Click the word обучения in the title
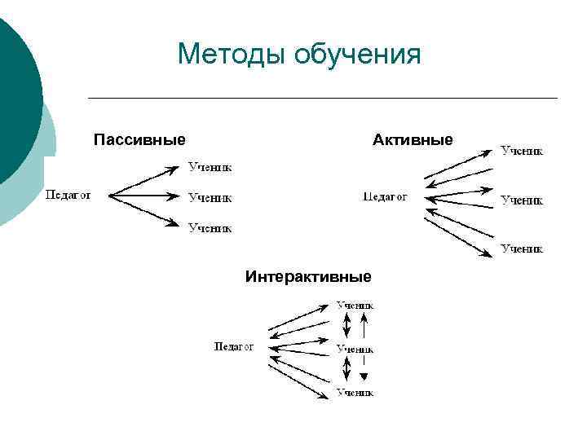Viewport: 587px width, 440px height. coord(358,55)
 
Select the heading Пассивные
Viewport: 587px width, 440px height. coord(139,140)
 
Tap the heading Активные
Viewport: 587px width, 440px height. coord(413,140)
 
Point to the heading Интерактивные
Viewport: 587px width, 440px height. coord(308,277)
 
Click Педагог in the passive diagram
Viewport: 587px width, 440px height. coord(68,195)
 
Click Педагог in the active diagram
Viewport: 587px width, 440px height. coord(385,196)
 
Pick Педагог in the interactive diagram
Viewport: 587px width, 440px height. coord(234,346)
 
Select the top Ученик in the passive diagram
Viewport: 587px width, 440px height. coord(210,167)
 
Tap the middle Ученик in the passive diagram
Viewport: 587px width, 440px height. coord(210,197)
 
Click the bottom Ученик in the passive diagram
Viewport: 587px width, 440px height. coord(210,228)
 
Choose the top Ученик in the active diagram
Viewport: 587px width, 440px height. coord(522,150)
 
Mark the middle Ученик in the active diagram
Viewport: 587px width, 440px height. coord(522,200)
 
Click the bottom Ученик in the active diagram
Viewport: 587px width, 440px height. coord(522,249)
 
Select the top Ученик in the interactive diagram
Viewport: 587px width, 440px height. coord(355,305)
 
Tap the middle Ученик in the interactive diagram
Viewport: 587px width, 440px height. coord(355,349)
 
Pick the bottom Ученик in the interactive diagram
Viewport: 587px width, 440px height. coord(355,393)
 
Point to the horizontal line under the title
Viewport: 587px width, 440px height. coord(322,99)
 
